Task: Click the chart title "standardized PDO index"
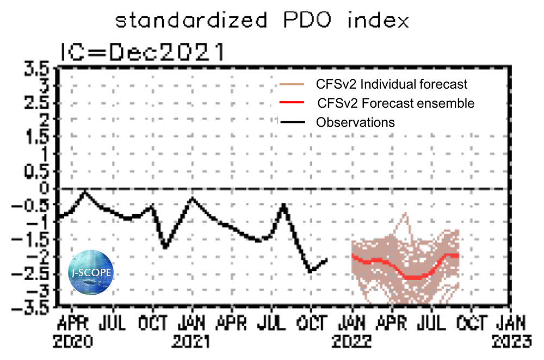coord(262,22)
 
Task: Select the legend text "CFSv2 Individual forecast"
coord(392,85)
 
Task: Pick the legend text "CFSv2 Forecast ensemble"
coord(395,103)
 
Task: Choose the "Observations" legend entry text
coord(355,122)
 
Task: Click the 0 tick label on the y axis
coord(45,189)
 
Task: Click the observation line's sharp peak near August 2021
coord(283,206)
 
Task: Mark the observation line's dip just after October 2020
coord(165,247)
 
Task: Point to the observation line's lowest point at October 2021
coord(311,271)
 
